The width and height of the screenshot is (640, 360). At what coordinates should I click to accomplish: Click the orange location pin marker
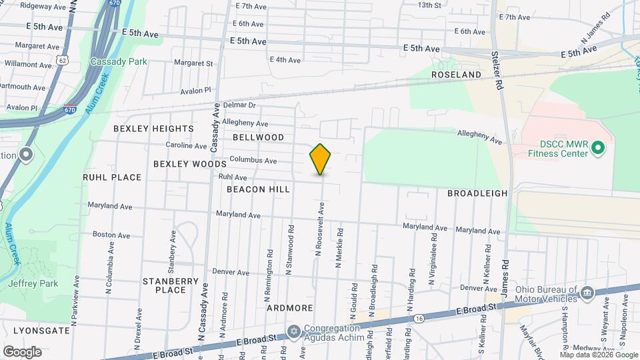[x=320, y=159]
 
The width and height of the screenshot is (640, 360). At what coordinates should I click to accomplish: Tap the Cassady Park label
[x=119, y=61]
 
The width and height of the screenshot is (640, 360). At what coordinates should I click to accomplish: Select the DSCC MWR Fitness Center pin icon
[x=598, y=147]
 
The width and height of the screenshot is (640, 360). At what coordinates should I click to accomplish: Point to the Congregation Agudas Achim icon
[x=293, y=331]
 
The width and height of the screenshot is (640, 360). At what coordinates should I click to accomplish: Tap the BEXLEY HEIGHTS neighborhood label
[x=153, y=128]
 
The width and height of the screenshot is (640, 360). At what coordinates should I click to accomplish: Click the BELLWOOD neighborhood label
[x=259, y=137]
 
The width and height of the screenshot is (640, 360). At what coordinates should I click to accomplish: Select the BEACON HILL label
[x=258, y=189]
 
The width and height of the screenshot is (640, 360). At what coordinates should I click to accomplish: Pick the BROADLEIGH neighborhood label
[x=477, y=193]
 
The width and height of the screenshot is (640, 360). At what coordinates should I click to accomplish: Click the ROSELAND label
[x=456, y=75]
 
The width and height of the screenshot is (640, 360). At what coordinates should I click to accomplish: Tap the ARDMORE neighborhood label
[x=290, y=308]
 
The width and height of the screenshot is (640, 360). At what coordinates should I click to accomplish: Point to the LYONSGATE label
[x=36, y=330]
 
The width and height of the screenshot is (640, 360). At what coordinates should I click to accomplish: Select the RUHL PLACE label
[x=112, y=177]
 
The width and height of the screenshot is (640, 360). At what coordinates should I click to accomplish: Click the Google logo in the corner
[x=22, y=351]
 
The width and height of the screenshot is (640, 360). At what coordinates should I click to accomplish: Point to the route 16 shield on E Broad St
[x=418, y=319]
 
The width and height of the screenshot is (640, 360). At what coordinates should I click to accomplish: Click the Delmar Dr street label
[x=239, y=105]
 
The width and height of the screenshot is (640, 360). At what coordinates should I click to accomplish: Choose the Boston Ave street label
[x=111, y=235]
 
